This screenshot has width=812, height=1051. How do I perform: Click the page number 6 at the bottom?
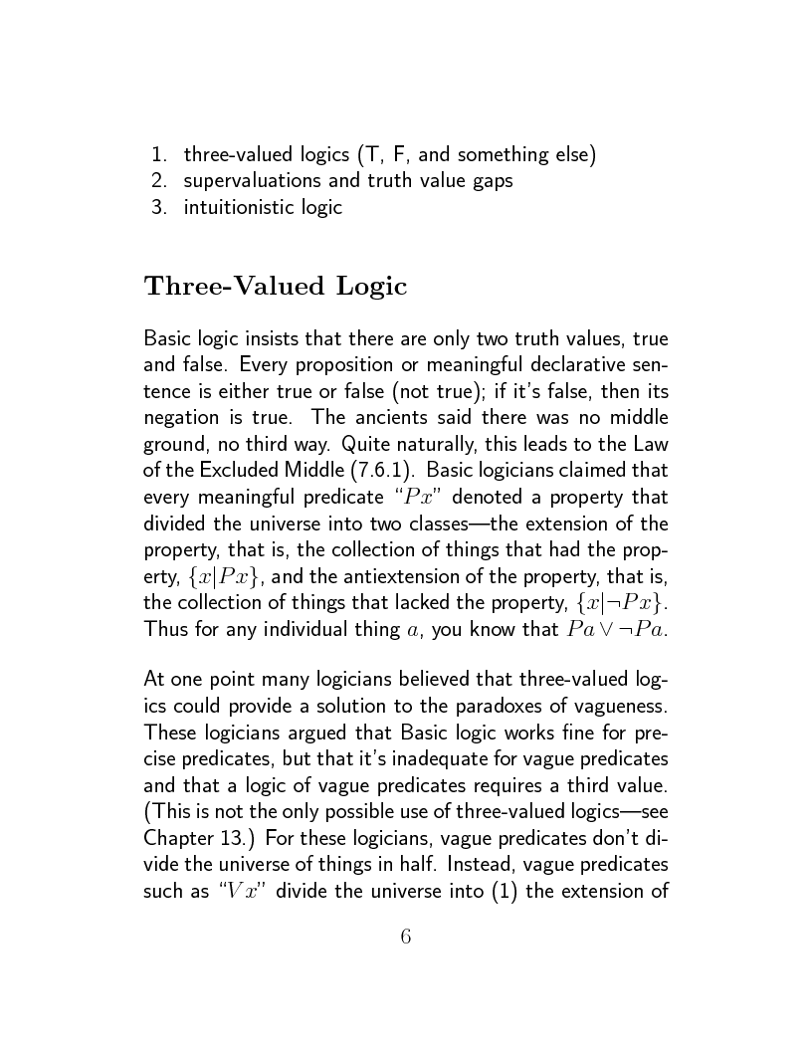(x=406, y=937)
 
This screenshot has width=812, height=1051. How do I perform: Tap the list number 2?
(x=158, y=181)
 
